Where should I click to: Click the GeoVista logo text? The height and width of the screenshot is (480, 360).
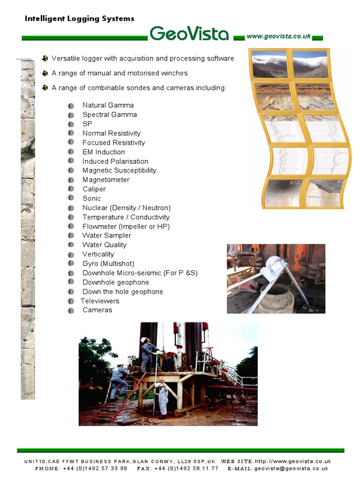pyautogui.click(x=189, y=34)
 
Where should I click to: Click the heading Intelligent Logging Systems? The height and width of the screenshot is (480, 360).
pyautogui.click(x=79, y=19)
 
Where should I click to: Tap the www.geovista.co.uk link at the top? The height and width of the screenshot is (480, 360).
pyautogui.click(x=278, y=37)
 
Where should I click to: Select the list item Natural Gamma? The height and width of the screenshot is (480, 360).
pyautogui.click(x=108, y=105)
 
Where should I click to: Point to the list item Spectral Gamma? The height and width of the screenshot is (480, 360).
pyautogui.click(x=110, y=115)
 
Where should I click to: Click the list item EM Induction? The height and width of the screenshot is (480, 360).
pyautogui.click(x=104, y=152)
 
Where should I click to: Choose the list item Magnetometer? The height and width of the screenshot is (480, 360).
pyautogui.click(x=106, y=180)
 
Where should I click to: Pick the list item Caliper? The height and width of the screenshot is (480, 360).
pyautogui.click(x=94, y=189)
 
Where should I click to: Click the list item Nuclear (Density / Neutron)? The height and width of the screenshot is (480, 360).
pyautogui.click(x=126, y=208)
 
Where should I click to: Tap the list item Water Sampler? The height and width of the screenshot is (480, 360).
pyautogui.click(x=106, y=236)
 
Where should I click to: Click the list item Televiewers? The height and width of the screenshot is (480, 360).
pyautogui.click(x=100, y=301)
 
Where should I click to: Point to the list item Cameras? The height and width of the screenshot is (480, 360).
pyautogui.click(x=97, y=310)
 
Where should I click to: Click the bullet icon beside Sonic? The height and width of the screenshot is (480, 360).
pyautogui.click(x=71, y=199)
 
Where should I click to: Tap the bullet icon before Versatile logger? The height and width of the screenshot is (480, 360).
pyautogui.click(x=45, y=59)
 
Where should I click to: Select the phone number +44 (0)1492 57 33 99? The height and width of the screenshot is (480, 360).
pyautogui.click(x=95, y=468)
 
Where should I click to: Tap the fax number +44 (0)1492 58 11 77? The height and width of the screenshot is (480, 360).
pyautogui.click(x=186, y=468)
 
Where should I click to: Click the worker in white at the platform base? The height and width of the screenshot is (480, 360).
pyautogui.click(x=163, y=398)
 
